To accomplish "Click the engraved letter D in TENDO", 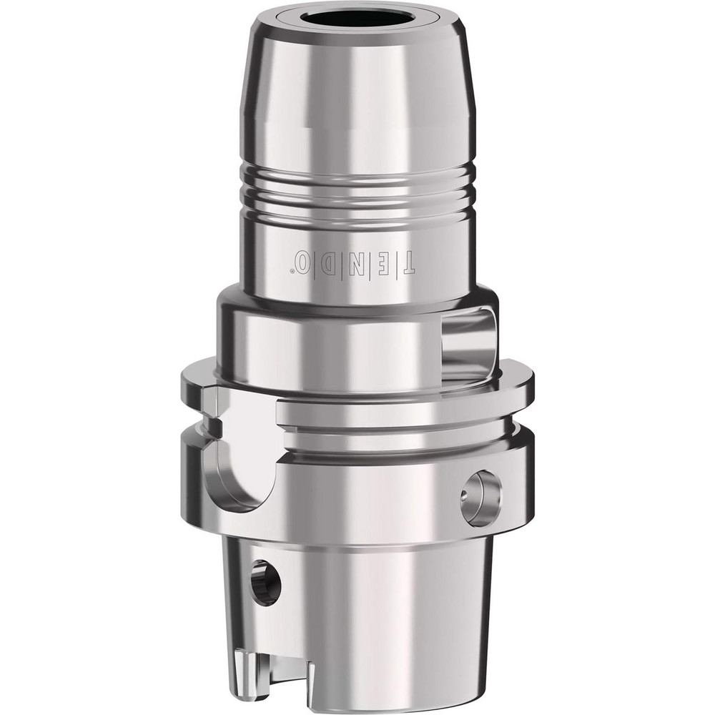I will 327,262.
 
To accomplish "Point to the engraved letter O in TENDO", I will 304,261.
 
